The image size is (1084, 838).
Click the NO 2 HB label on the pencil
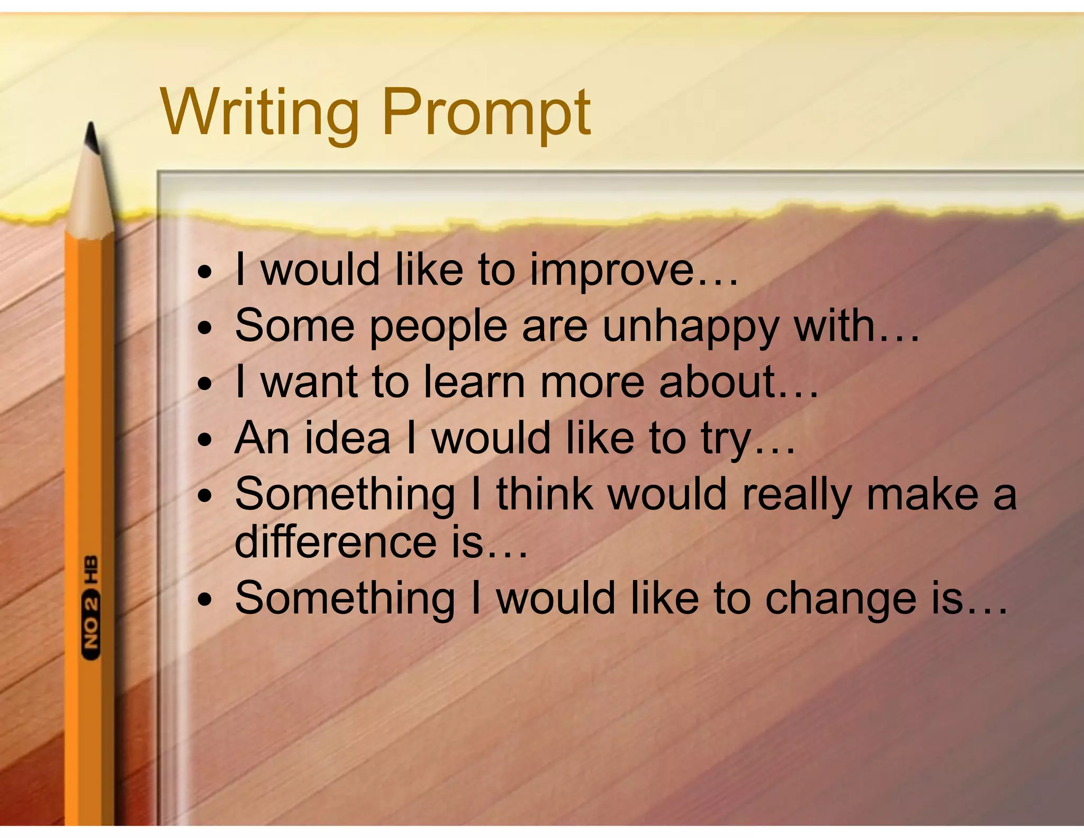(x=91, y=608)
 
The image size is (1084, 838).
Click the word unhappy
(x=690, y=327)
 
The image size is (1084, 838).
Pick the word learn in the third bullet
(x=474, y=382)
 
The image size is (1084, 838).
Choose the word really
(x=797, y=495)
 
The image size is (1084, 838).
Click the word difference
(x=335, y=542)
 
